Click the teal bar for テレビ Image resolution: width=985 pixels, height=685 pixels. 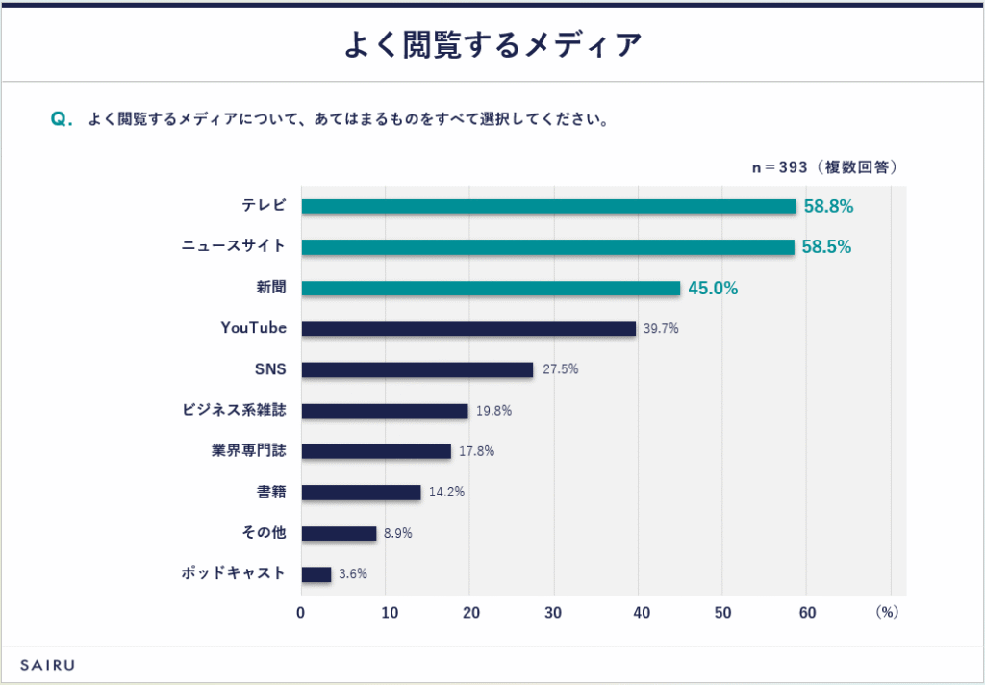point(548,206)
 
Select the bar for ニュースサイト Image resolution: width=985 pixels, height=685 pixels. point(547,247)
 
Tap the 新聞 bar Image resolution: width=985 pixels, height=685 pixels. point(491,288)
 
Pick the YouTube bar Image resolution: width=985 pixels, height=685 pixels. point(468,329)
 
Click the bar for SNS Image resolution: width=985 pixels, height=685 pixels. point(417,369)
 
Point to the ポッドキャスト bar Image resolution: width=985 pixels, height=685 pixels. point(316,574)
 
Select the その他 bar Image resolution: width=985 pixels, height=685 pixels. point(339,533)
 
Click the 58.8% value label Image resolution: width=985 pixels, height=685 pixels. point(828,206)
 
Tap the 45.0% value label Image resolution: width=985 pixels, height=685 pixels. point(713,288)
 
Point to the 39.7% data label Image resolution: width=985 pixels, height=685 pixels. point(661,329)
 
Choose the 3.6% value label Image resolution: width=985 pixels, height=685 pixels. point(352,574)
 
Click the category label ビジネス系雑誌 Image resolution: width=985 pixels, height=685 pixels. point(234,410)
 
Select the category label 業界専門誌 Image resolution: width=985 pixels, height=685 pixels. point(249,451)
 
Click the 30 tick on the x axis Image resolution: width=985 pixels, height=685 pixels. point(553,613)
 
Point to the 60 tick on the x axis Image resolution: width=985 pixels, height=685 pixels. point(806,613)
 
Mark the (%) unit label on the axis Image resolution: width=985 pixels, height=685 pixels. point(886,613)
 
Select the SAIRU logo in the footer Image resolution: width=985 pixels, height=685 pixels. point(47,665)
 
